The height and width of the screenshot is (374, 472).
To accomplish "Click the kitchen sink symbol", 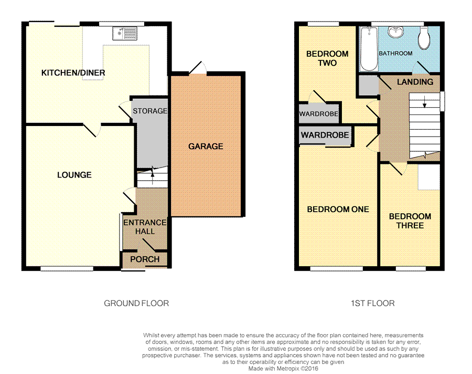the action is pyautogui.click(x=125, y=34).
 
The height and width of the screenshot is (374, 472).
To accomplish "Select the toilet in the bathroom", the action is pyautogui.click(x=424, y=38).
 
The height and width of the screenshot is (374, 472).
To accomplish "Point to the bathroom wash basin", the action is pyautogui.click(x=395, y=32).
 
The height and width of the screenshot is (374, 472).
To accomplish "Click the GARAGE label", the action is pyautogui.click(x=206, y=146).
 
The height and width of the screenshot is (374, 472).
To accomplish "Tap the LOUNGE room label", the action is pyautogui.click(x=74, y=175).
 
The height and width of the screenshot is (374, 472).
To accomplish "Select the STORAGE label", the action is pyautogui.click(x=150, y=111).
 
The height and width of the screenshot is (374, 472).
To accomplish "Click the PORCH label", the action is pyautogui.click(x=145, y=259).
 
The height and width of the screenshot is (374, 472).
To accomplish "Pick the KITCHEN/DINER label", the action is pyautogui.click(x=73, y=72).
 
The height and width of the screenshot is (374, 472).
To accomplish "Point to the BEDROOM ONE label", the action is pyautogui.click(x=338, y=209).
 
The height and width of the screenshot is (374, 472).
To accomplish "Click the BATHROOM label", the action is pyautogui.click(x=395, y=54).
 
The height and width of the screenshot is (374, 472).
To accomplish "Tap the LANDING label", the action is pyautogui.click(x=415, y=82).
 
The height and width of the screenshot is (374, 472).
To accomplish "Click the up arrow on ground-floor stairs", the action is pyautogui.click(x=152, y=175).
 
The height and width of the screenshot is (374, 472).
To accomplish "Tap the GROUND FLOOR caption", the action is pyautogui.click(x=136, y=303).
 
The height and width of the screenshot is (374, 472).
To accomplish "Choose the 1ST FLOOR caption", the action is pyautogui.click(x=373, y=303).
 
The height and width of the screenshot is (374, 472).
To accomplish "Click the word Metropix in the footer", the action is pyautogui.click(x=288, y=369).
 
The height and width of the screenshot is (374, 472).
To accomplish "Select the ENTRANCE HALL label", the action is pyautogui.click(x=145, y=227).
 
